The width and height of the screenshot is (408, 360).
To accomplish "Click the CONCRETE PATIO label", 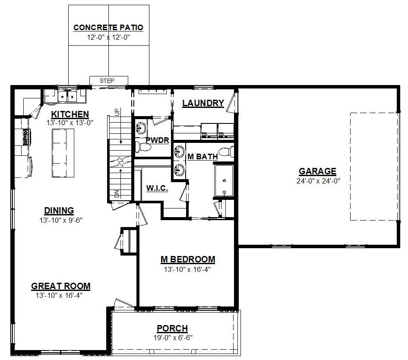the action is (108, 28).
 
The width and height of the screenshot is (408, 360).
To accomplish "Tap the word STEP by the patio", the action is (107, 81).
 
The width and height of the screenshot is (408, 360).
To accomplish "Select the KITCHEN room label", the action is (70, 114).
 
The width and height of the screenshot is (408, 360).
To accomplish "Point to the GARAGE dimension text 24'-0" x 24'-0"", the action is (318, 181).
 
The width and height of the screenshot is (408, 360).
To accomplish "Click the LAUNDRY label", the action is (203, 103).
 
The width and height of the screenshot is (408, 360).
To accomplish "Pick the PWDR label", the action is (158, 140).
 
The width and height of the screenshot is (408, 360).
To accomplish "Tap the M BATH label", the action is (202, 157).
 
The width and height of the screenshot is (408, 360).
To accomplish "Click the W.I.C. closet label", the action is (157, 188).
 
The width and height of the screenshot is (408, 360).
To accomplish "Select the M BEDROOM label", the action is (188, 259).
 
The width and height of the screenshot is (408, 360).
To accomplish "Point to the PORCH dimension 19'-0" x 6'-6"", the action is (173, 338).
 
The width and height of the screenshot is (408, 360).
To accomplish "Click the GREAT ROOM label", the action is (60, 286).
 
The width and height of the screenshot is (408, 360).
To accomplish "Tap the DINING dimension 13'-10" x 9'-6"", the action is (61, 220).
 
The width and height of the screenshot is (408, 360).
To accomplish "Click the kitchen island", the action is (63, 153).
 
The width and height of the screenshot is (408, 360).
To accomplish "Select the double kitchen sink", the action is (67, 97).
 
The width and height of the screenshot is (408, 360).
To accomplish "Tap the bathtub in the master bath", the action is (224, 180).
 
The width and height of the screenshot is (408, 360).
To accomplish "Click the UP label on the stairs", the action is (117, 112).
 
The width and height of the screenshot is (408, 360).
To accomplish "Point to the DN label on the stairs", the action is (117, 193).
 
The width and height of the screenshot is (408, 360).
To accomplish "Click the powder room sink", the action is (141, 128).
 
